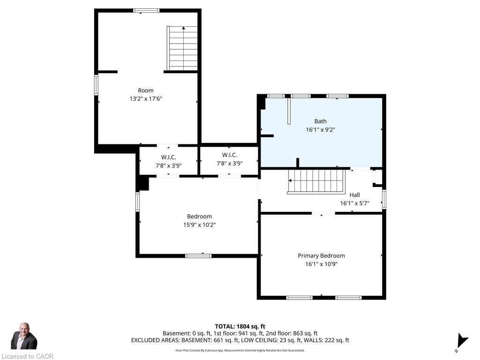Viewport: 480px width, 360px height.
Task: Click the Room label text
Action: (x=146, y=90)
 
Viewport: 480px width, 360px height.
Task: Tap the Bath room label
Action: (x=320, y=121)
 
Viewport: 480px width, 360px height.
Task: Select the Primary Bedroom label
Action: (x=321, y=255)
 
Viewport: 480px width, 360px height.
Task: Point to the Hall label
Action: (x=354, y=195)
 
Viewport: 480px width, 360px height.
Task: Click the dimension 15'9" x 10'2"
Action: (x=199, y=225)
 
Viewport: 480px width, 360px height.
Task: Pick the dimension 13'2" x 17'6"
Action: (x=146, y=99)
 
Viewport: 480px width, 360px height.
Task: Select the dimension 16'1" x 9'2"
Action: (x=320, y=130)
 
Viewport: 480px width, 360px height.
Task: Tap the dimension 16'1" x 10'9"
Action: (x=321, y=264)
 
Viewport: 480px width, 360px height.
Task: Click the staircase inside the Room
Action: (x=182, y=48)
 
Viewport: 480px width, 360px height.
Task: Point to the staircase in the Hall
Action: (x=316, y=181)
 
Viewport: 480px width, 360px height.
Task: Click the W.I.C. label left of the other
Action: (x=169, y=157)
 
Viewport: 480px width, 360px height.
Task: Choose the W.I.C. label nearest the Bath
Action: (x=230, y=155)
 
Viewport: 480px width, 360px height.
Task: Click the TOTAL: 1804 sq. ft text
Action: (x=240, y=326)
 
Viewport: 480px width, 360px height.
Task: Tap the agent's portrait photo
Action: (x=24, y=336)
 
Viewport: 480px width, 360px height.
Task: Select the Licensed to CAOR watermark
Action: (x=28, y=356)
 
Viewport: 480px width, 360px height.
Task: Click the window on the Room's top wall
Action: (x=146, y=11)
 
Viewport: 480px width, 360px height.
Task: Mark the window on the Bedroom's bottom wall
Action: (x=198, y=256)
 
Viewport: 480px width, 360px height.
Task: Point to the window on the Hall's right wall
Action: (x=384, y=199)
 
